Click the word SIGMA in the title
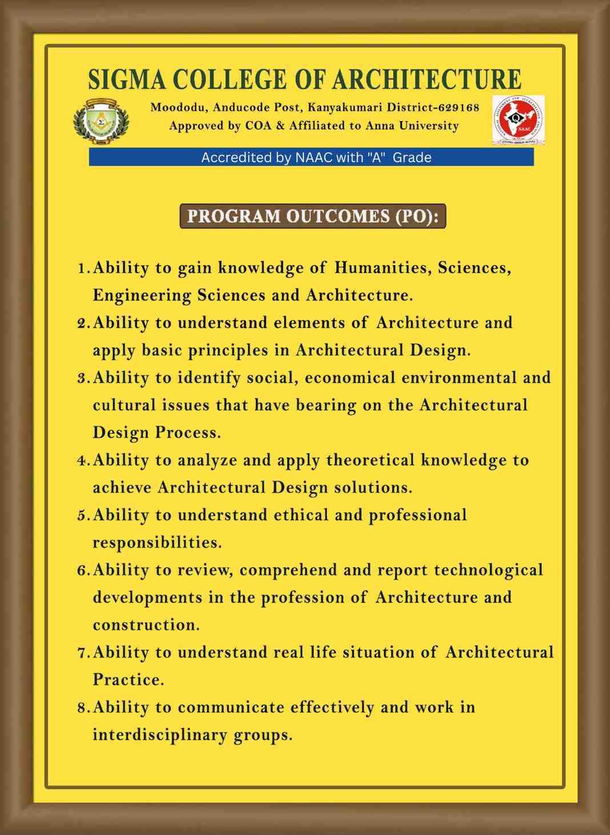127,79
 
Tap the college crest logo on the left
101,121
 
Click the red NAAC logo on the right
518,120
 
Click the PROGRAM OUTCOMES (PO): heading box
312,216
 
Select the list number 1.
83,268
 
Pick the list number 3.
83,378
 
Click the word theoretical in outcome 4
370,460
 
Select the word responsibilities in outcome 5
157,542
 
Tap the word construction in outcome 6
146,625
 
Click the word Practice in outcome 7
129,680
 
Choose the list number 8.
83,708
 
